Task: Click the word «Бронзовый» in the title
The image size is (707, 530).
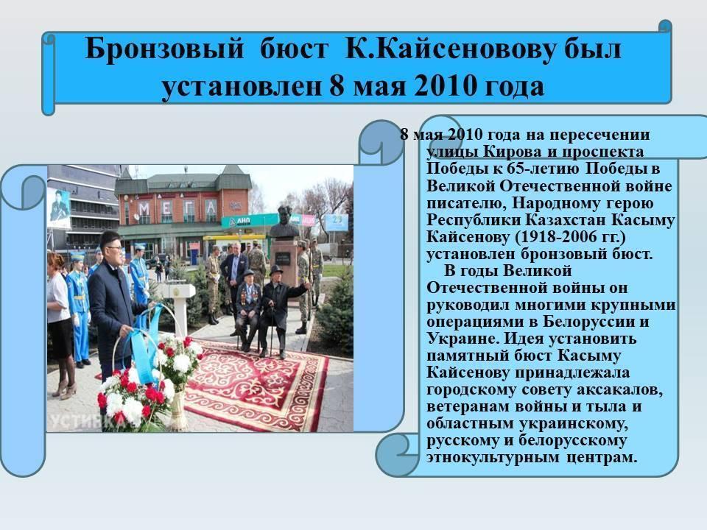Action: click(x=164, y=49)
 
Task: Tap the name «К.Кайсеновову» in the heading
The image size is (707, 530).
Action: click(x=449, y=49)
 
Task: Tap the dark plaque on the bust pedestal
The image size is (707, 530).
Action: click(x=284, y=258)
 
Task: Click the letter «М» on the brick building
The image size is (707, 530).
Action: click(x=144, y=208)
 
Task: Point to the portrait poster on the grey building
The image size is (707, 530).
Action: click(x=59, y=208)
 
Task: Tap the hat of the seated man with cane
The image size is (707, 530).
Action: click(x=275, y=270)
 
